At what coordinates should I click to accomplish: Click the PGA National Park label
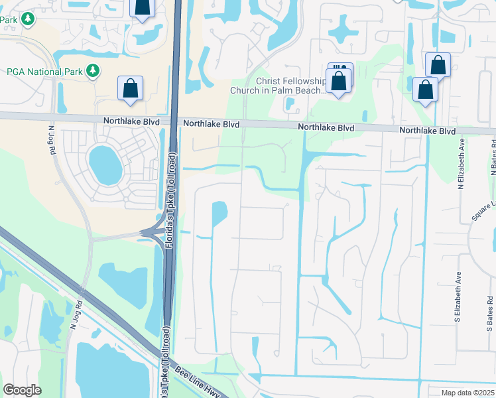tap(44, 71)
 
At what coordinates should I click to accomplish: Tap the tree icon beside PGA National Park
tap(93, 70)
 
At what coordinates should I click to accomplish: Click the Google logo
tap(22, 390)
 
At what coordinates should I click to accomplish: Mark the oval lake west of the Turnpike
tap(105, 165)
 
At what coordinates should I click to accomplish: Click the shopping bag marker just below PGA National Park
tap(131, 89)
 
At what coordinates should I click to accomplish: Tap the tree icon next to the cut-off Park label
tap(28, 19)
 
